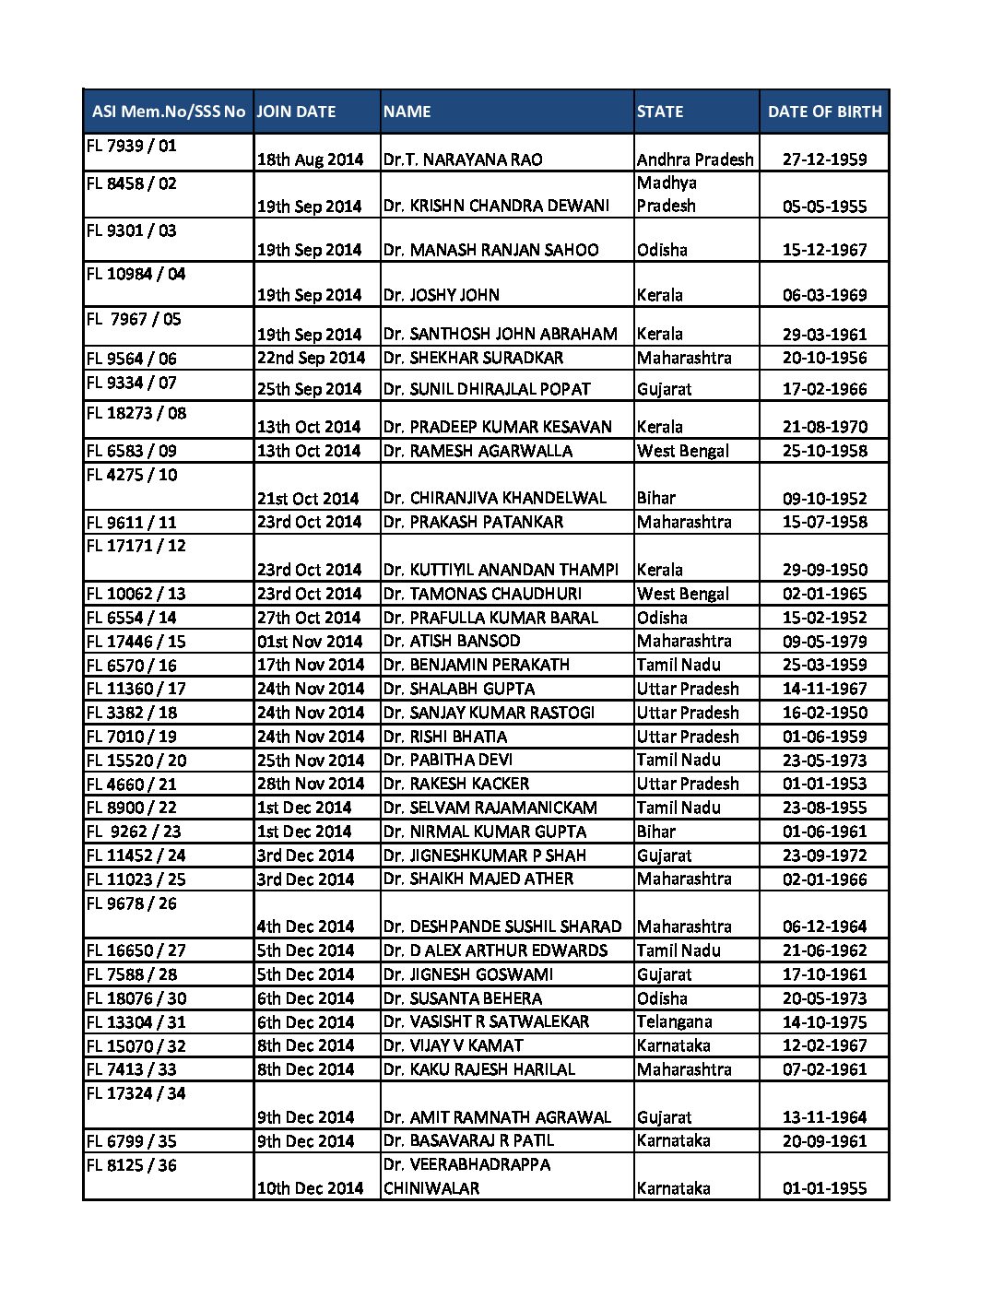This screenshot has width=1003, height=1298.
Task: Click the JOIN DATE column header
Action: pyautogui.click(x=296, y=112)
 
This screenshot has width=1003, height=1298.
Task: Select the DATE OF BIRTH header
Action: pyautogui.click(x=824, y=112)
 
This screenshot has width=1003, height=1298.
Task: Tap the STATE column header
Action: pyautogui.click(x=660, y=112)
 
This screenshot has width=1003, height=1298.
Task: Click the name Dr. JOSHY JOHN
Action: pyautogui.click(x=442, y=295)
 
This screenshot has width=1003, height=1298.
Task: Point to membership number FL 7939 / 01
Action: pyautogui.click(x=131, y=146)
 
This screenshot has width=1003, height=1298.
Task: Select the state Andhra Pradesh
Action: pyautogui.click(x=695, y=159)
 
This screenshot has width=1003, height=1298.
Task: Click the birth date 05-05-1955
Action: pyautogui.click(x=824, y=206)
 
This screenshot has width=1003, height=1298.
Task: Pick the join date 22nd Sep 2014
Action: pyautogui.click(x=311, y=358)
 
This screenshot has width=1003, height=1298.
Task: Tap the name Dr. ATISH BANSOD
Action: pyautogui.click(x=452, y=641)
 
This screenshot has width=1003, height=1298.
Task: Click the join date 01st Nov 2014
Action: pyautogui.click(x=310, y=642)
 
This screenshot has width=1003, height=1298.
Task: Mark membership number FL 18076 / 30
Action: pyautogui.click(x=136, y=998)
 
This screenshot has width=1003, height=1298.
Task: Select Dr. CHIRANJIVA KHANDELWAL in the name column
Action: pyautogui.click(x=495, y=498)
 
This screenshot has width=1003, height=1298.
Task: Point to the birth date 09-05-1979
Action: pyautogui.click(x=824, y=642)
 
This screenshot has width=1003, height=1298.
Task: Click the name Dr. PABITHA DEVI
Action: pyautogui.click(x=448, y=760)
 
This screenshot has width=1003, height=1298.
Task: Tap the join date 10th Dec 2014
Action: pyautogui.click(x=310, y=1188)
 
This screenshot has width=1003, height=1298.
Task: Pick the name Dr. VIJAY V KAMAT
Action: pyautogui.click(x=454, y=1045)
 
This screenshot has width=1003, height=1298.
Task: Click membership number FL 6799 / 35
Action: pyautogui.click(x=131, y=1141)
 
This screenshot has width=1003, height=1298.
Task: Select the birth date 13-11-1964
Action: pyautogui.click(x=824, y=1117)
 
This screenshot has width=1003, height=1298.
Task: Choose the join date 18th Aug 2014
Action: pyautogui.click(x=310, y=159)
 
